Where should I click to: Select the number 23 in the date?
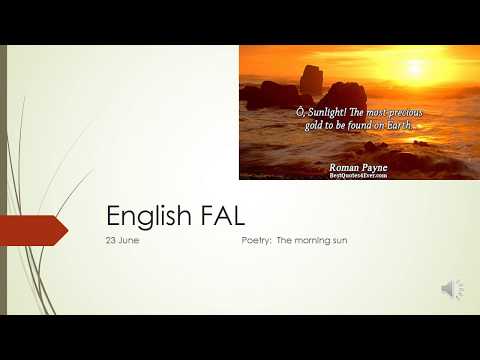[x=111, y=242]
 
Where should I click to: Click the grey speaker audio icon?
[x=452, y=289]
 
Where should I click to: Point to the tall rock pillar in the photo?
[x=311, y=80]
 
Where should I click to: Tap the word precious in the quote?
[x=398, y=113]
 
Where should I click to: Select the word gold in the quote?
[x=315, y=126]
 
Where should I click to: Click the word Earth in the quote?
[x=394, y=126]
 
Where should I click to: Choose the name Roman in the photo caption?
[x=347, y=166]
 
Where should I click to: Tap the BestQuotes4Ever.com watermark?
[x=364, y=175]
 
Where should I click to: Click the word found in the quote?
[x=355, y=126]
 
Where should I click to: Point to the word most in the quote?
[x=367, y=113]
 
